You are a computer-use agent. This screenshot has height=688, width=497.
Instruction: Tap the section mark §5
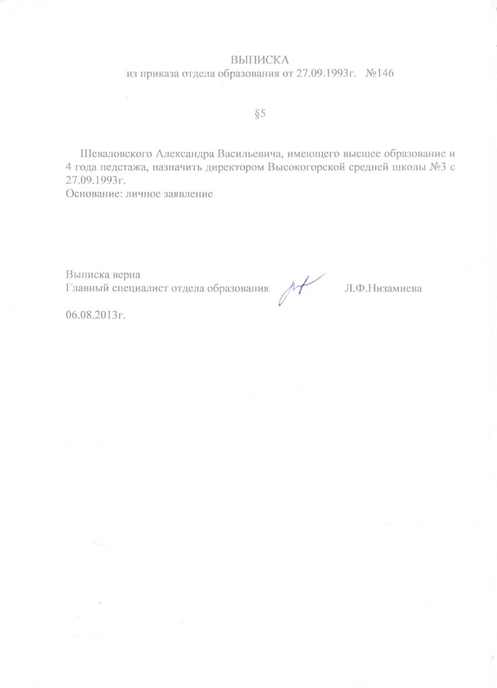[260, 114]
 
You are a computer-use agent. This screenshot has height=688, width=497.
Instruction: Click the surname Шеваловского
[115, 154]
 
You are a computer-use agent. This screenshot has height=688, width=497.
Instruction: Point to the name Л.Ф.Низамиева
[383, 288]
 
